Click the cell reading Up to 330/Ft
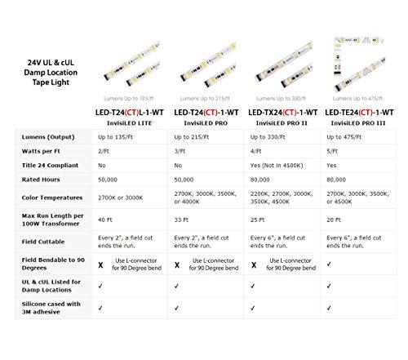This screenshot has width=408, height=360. click(264, 136)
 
